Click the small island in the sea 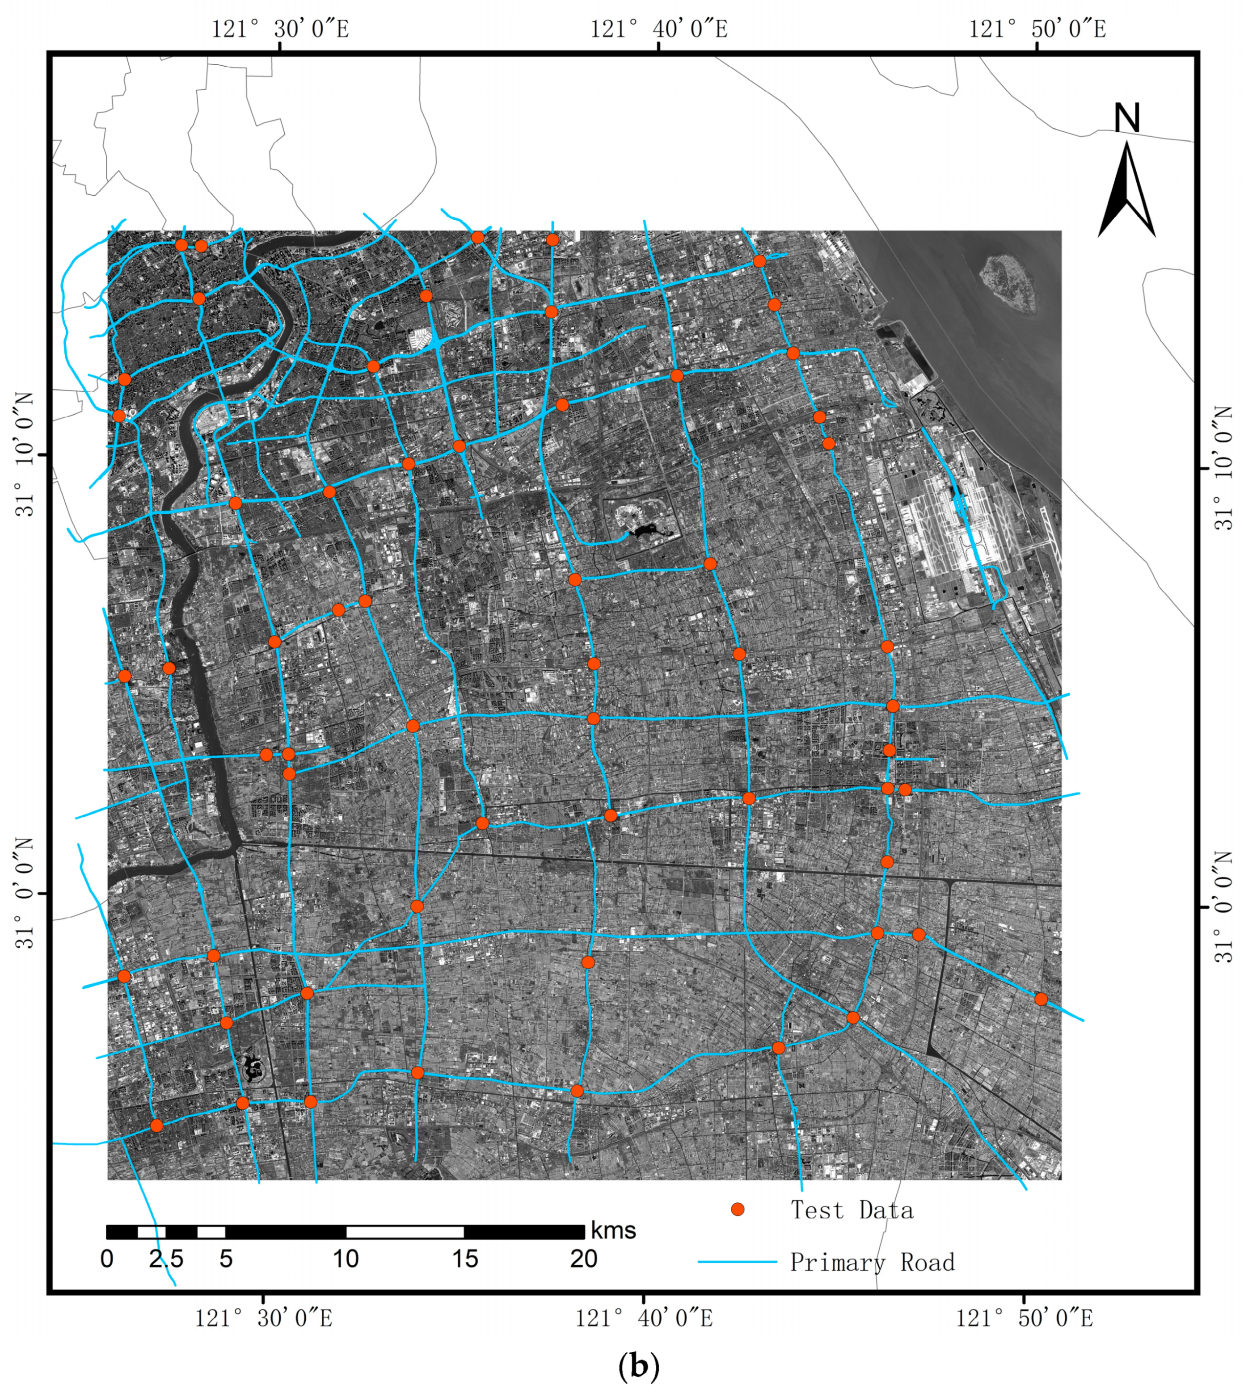click(x=1008, y=281)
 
